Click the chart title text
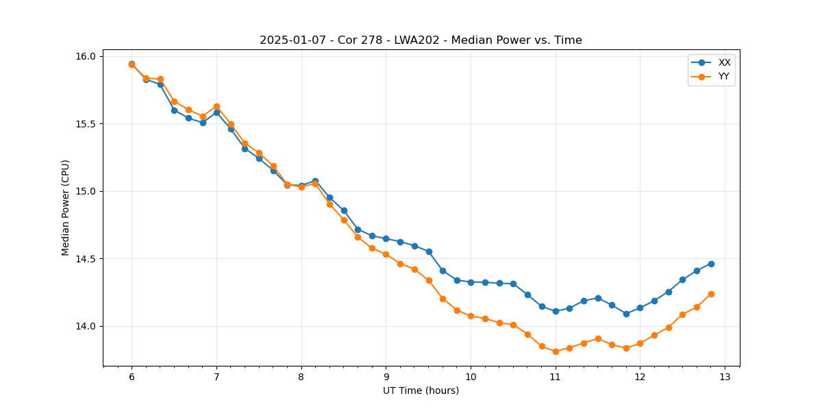[x=421, y=40]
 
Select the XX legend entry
[x=724, y=62]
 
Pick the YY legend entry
[x=723, y=77]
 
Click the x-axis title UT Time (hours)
[x=421, y=390]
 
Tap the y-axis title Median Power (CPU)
[x=66, y=208]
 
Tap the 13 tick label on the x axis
[x=725, y=377]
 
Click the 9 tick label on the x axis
[x=386, y=377]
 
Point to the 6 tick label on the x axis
[x=132, y=377]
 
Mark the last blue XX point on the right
[x=711, y=264]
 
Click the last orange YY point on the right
[x=711, y=294]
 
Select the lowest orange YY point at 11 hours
[x=556, y=351]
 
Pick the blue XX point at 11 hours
[x=556, y=311]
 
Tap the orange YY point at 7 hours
[x=216, y=106]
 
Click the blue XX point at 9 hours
[x=386, y=238]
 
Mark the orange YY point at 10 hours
[x=471, y=316]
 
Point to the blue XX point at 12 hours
[x=640, y=308]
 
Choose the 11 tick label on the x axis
[x=556, y=377]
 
